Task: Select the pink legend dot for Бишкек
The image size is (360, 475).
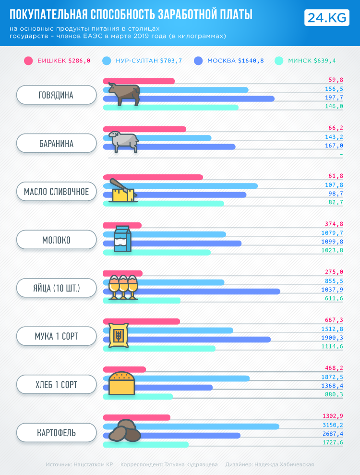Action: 28,61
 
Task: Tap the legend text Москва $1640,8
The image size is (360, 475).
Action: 235,61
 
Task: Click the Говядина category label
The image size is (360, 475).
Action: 56,95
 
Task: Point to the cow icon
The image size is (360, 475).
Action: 124,94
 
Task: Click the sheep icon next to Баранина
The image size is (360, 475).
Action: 123,141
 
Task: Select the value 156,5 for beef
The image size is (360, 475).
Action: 334,89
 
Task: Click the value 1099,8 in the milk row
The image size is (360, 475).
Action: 332,242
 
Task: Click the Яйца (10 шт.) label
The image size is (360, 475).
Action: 56,288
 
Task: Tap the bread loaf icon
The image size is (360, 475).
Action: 121,382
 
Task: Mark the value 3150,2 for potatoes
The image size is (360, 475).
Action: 332,425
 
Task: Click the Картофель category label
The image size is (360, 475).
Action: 56,432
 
